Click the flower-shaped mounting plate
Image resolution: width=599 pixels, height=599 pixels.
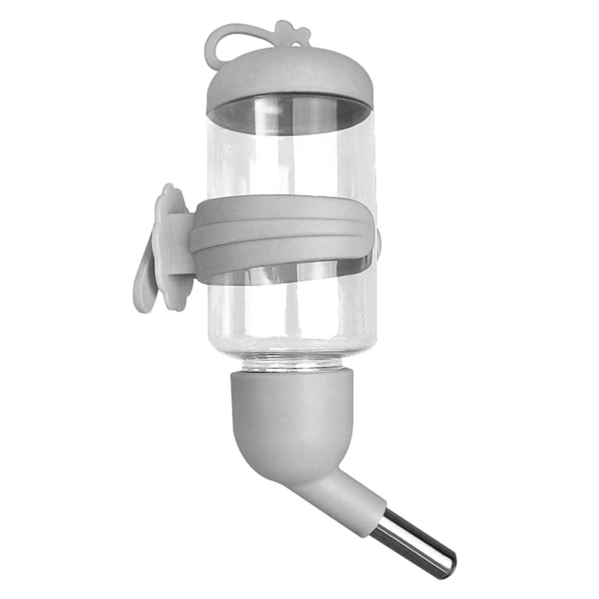click(x=171, y=243)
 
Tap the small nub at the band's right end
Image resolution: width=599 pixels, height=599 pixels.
click(x=378, y=240)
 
